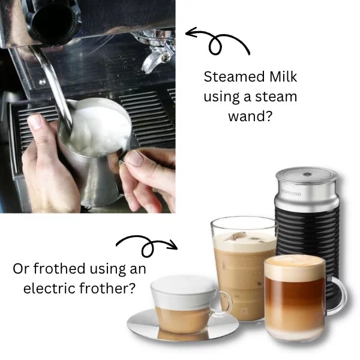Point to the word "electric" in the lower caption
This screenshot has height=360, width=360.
click(48, 288)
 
